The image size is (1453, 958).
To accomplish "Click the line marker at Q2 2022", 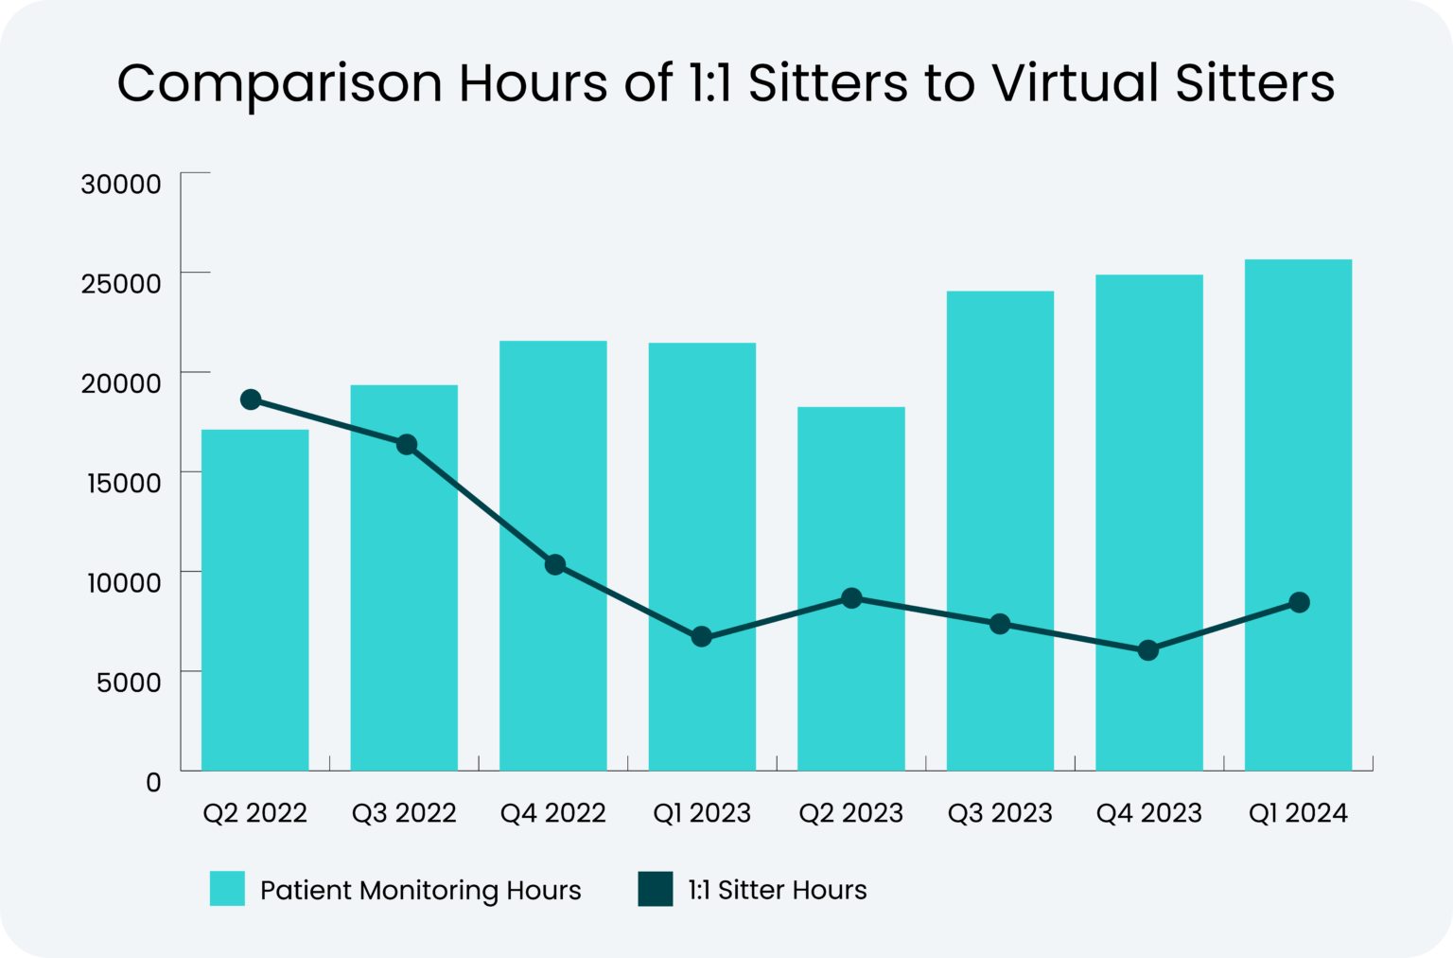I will click(x=251, y=399).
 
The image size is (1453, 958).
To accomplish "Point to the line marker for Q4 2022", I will click(x=555, y=565).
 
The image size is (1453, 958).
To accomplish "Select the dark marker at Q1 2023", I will click(x=701, y=637).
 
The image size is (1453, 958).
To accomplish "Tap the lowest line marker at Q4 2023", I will click(x=1148, y=650).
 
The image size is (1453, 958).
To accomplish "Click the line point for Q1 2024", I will click(x=1300, y=603).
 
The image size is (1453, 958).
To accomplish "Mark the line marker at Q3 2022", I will click(x=407, y=445).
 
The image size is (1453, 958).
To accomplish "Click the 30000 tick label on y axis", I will click(x=121, y=184).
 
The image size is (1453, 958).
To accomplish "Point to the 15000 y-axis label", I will click(x=124, y=483).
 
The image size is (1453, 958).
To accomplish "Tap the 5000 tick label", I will click(x=129, y=682).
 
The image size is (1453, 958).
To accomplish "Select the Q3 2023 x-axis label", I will click(x=1000, y=813).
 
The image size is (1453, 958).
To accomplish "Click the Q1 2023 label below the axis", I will click(x=702, y=813).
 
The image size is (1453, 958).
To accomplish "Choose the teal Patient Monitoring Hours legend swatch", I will click(x=227, y=889).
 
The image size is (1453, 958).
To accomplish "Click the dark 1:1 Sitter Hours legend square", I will click(x=656, y=889).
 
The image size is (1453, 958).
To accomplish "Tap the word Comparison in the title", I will click(x=280, y=83).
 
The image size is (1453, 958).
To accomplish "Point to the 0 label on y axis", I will click(x=153, y=782).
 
